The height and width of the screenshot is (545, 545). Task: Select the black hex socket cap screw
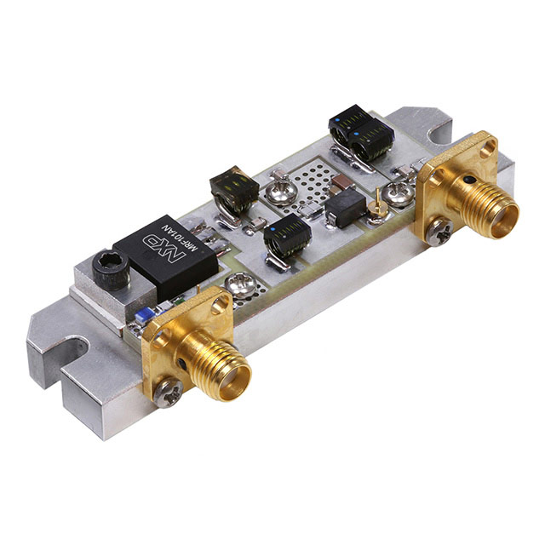(x=111, y=272)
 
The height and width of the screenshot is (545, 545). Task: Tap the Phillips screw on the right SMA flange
(x=440, y=232)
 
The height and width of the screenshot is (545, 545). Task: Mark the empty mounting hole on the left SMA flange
(x=218, y=306)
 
